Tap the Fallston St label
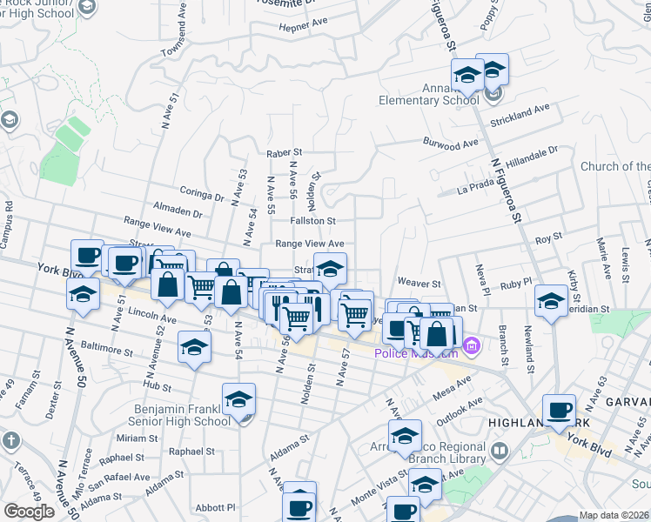click(x=313, y=222)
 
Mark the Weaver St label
click(x=419, y=283)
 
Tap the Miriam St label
click(x=137, y=438)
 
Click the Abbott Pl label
click(x=216, y=507)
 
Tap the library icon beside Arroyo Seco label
click(x=500, y=451)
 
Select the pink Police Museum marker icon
click(x=473, y=347)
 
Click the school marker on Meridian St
click(x=551, y=300)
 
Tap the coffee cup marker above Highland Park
click(x=559, y=409)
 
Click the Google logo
click(x=29, y=512)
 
